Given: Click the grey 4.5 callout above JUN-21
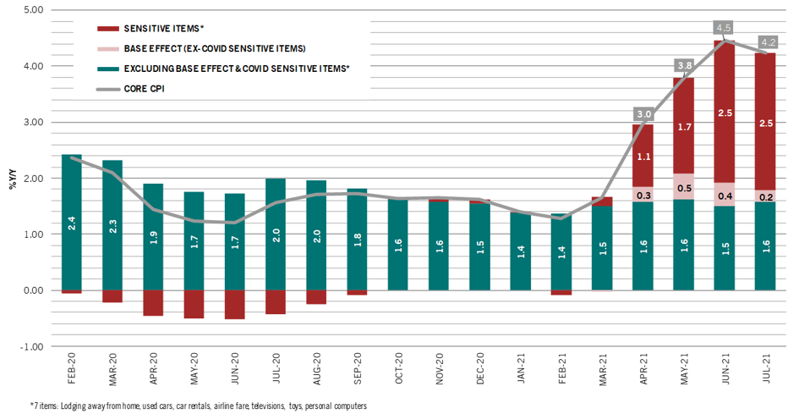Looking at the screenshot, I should coord(725,25).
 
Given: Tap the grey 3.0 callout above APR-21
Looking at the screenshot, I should coord(643,113).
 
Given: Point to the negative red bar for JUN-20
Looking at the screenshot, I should coord(235,304).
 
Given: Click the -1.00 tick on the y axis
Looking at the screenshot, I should coord(31,346).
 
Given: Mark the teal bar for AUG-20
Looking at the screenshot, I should coord(316,235).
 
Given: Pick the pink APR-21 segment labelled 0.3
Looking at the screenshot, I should coord(643,194).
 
